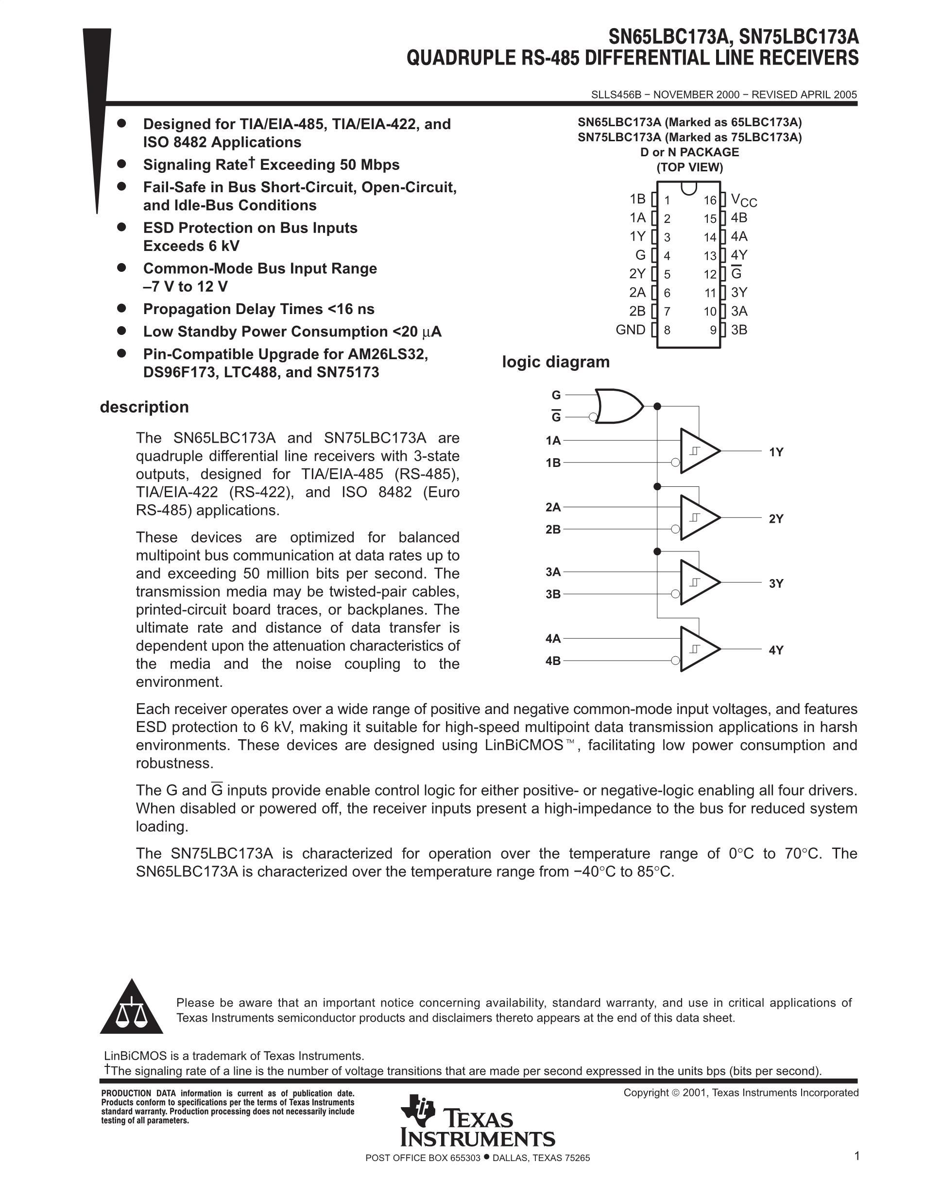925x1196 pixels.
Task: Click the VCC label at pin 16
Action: click(x=744, y=200)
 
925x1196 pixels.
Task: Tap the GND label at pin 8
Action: click(x=630, y=330)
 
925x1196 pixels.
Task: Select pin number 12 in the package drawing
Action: click(x=710, y=274)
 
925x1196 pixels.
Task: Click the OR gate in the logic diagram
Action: click(x=619, y=406)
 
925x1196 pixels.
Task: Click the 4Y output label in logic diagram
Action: click(x=776, y=650)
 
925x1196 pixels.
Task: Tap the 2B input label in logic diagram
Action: click(x=553, y=530)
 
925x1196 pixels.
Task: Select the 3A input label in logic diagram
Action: click(x=553, y=572)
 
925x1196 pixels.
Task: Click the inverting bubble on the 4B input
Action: click(x=676, y=661)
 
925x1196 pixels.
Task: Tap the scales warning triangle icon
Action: click(x=132, y=1008)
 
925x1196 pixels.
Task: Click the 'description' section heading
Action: click(x=144, y=407)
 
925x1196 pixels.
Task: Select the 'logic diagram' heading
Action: click(x=556, y=362)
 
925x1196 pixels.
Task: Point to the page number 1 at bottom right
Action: click(x=856, y=1156)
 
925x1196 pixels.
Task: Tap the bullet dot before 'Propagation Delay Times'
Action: click(x=121, y=308)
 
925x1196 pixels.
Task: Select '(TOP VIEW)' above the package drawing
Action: click(x=689, y=167)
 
